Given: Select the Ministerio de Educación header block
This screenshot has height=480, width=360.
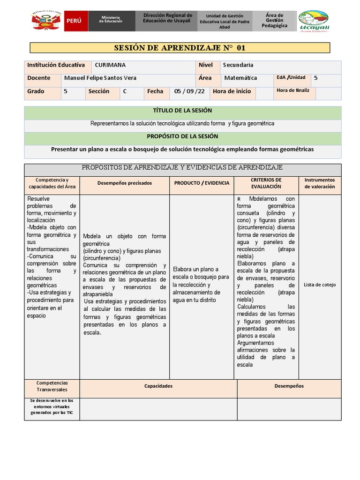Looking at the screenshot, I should coord(112,21).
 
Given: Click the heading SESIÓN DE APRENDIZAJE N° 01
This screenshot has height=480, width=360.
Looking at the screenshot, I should coord(180,48).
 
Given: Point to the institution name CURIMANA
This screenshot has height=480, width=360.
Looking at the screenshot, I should coord(110,65).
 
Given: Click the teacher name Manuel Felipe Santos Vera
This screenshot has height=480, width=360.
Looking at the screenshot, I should coord(100,78).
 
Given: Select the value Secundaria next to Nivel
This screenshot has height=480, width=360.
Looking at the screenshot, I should coord(238,65).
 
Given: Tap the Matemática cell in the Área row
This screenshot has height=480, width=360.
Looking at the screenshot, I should coord(240,78).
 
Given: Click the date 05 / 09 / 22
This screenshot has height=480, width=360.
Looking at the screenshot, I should coord(189,92).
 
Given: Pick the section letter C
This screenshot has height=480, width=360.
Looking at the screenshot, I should coord(125,92).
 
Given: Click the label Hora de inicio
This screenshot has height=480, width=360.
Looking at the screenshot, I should coord(232,92).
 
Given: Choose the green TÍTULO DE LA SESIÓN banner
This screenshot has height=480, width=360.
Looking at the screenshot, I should coord(182,111).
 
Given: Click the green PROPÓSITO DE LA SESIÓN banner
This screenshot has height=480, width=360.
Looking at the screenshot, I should coord(182,136).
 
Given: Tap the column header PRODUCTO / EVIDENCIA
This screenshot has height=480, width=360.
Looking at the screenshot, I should coord(202,183).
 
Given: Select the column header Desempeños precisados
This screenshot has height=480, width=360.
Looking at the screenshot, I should coord(125,183).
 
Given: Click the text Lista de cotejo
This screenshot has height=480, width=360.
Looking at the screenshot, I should coord(320,285).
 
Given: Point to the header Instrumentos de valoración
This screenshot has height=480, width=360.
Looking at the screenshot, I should coord(320,183).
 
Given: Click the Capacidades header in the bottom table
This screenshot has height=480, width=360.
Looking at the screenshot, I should coord(158,386).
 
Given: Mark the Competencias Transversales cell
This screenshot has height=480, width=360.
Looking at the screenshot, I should coord(52,386).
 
